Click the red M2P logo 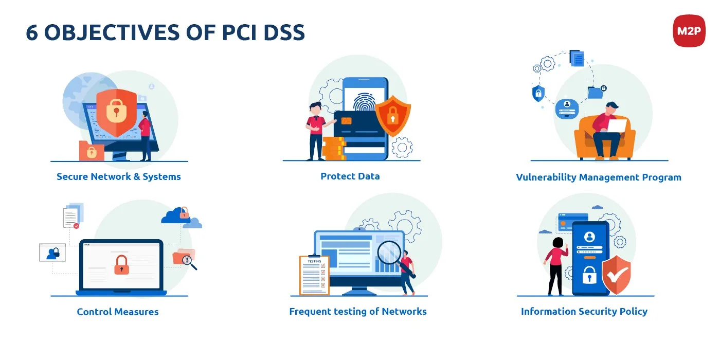[x=689, y=31]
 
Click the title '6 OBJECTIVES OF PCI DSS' [x=165, y=32]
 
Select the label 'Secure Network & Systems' [x=119, y=176]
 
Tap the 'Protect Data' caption [x=350, y=176]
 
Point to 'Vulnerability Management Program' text [x=598, y=177]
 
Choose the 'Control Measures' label [x=118, y=311]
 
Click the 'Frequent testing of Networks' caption [x=357, y=311]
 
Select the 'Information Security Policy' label [x=584, y=311]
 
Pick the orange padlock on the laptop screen [x=121, y=264]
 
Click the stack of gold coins [x=333, y=148]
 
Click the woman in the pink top [x=555, y=265]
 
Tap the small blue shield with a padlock [x=538, y=93]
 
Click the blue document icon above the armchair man [x=577, y=58]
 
